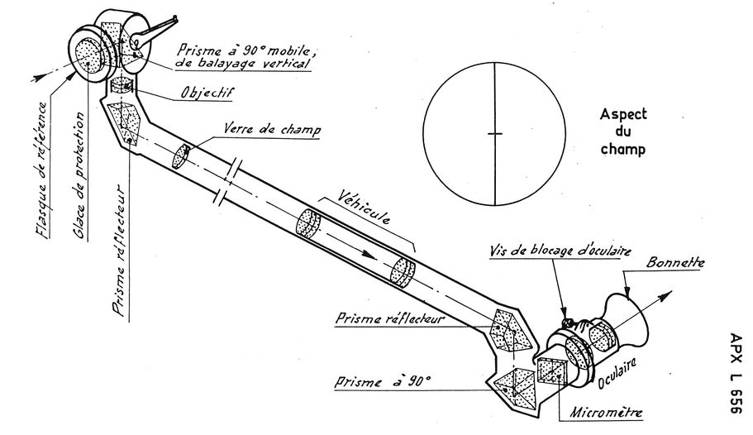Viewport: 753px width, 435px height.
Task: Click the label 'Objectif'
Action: point(207,92)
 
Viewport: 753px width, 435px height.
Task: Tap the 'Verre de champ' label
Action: point(272,129)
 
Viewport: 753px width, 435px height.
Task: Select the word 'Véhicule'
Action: point(363,207)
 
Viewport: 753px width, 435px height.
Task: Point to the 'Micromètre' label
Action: point(606,413)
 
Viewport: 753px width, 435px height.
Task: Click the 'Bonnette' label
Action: point(675,262)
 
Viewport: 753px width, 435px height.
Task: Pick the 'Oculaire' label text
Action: point(617,373)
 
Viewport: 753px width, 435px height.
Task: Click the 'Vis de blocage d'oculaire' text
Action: point(560,250)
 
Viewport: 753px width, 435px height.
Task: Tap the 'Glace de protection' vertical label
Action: point(80,175)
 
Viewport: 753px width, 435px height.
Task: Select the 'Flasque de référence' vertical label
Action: point(42,170)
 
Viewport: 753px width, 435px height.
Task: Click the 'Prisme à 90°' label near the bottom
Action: point(383,381)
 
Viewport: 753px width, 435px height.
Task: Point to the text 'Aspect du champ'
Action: point(623,131)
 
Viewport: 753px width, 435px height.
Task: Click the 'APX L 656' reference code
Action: point(736,373)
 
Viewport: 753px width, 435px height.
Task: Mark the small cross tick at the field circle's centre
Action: point(494,134)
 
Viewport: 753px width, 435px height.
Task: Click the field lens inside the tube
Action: point(180,155)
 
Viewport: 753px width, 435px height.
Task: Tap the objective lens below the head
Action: point(122,85)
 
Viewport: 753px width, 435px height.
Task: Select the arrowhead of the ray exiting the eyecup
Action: point(666,295)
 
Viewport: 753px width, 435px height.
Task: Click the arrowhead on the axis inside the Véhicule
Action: point(369,254)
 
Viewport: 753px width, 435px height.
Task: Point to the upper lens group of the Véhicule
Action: point(307,223)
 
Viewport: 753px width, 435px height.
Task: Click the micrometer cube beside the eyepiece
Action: point(552,371)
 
